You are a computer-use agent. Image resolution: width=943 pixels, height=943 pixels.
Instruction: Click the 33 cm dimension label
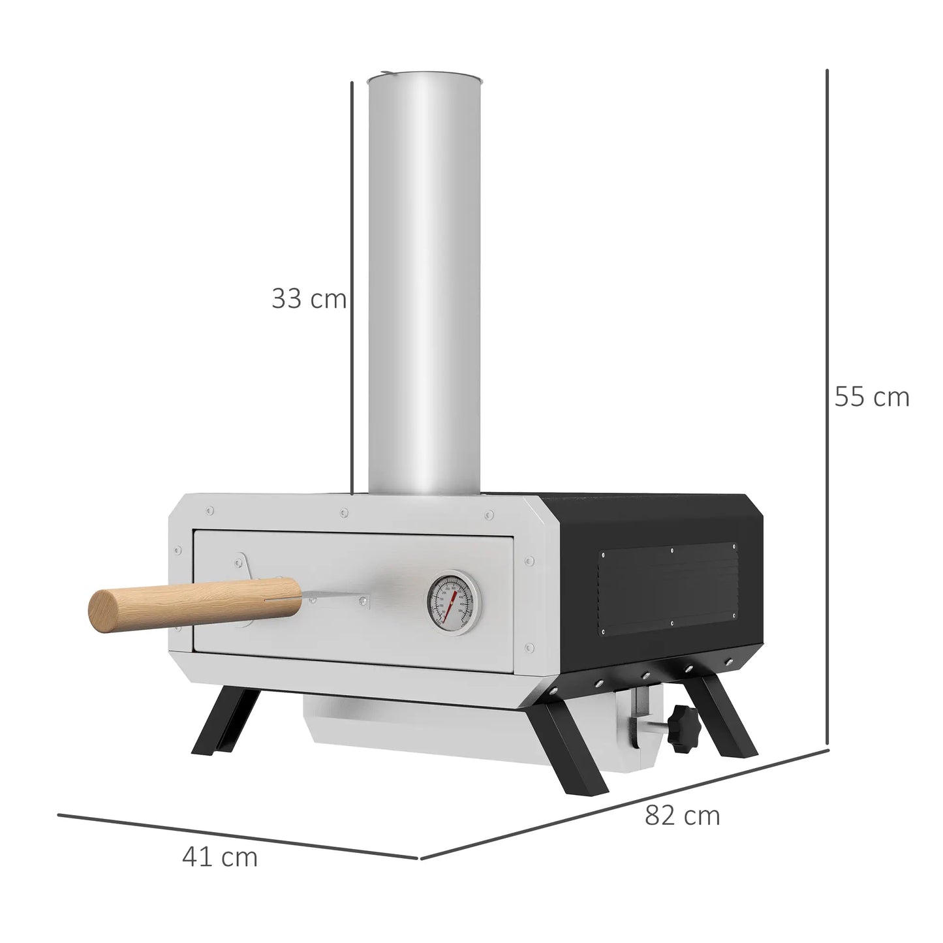pyautogui.click(x=308, y=299)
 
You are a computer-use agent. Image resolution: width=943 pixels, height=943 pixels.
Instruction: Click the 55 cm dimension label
pyautogui.click(x=871, y=397)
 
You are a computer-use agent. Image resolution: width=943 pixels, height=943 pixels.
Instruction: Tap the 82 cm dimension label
pyautogui.click(x=682, y=816)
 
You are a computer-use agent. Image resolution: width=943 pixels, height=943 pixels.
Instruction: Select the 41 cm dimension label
pyautogui.click(x=220, y=857)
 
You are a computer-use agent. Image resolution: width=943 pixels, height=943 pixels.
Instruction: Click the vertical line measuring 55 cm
pyautogui.click(x=827, y=411)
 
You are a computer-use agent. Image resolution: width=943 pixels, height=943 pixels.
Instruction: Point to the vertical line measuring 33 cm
pyautogui.click(x=352, y=287)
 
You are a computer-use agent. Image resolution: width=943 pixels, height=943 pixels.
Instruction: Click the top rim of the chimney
pyautogui.click(x=424, y=79)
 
